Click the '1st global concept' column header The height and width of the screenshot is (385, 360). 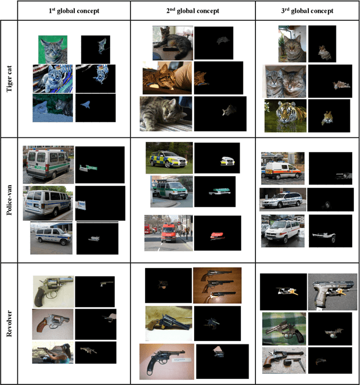pyautogui.click(x=74, y=11)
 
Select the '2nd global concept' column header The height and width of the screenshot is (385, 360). pyautogui.click(x=192, y=11)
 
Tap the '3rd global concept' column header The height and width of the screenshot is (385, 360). pyautogui.click(x=307, y=11)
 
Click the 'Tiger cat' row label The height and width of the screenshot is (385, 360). pyautogui.click(x=9, y=79)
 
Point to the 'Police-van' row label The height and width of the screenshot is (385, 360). pyautogui.click(x=9, y=200)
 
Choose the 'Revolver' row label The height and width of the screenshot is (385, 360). pyautogui.click(x=9, y=324)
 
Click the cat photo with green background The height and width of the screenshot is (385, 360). pyautogui.click(x=53, y=50)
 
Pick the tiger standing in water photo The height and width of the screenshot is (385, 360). pyautogui.click(x=285, y=115)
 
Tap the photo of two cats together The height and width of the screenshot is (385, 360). pyautogui.click(x=284, y=81)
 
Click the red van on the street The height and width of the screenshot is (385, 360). pyautogui.click(x=169, y=233)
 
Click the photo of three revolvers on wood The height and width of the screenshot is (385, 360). pyautogui.click(x=217, y=285)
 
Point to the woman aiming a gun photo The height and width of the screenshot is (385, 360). pyautogui.click(x=53, y=352)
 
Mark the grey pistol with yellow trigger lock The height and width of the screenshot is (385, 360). pyautogui.click(x=332, y=292)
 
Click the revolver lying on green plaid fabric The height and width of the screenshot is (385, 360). pyautogui.click(x=284, y=329)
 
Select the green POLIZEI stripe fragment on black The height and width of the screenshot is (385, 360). pyautogui.click(x=88, y=168)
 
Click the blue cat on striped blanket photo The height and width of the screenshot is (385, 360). pyautogui.click(x=53, y=79)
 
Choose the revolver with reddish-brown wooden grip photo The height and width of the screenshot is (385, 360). pyautogui.click(x=53, y=324)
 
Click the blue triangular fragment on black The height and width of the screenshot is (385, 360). pyautogui.click(x=85, y=105)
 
